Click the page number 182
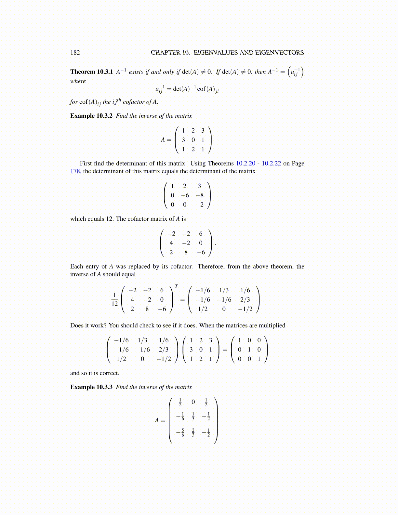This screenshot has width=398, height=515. (75, 53)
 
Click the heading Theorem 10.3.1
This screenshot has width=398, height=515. (91, 72)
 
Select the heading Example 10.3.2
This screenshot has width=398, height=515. (91, 116)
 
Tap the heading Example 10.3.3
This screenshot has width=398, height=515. (91, 387)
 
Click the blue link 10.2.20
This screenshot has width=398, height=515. (245, 164)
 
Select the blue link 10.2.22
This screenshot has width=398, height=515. (271, 164)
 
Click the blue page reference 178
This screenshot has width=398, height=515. (75, 171)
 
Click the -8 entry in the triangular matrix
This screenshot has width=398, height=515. (200, 195)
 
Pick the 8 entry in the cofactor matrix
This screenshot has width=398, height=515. (186, 252)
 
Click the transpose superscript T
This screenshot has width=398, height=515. (176, 286)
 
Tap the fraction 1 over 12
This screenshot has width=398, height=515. (114, 299)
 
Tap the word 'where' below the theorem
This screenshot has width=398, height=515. (78, 81)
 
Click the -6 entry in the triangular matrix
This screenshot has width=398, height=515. (185, 195)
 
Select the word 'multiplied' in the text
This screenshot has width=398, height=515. (272, 325)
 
